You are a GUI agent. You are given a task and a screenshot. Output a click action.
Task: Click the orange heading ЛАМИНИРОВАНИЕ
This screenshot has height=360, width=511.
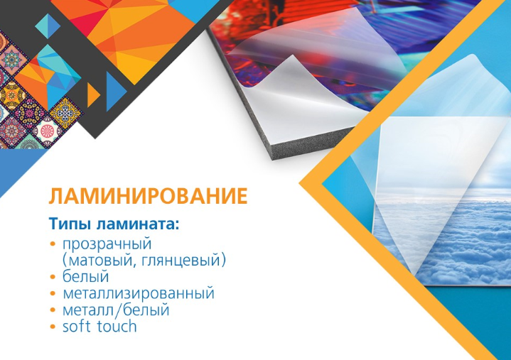coord(148,196)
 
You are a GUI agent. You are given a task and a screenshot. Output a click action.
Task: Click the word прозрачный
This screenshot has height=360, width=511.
coord(107,244)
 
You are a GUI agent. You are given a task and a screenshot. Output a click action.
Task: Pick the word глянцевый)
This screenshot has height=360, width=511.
coord(181,261)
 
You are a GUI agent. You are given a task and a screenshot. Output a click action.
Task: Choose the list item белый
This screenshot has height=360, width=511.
coord(85,276)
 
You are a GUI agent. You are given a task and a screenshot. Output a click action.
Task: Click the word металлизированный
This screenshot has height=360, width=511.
coord(139,293)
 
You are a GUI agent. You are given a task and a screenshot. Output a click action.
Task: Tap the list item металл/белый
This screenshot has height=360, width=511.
coord(116,310)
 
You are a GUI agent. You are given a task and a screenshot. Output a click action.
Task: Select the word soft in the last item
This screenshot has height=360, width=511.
coord(76,326)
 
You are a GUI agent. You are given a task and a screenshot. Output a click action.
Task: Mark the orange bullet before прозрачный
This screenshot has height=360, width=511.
coord(53,244)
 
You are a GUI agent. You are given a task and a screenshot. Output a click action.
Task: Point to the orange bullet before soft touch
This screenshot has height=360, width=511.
coord(53,327)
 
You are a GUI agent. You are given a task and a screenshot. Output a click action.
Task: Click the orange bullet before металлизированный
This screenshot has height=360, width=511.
coord(53,293)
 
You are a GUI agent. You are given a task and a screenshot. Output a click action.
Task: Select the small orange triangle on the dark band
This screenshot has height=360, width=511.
coord(93,95)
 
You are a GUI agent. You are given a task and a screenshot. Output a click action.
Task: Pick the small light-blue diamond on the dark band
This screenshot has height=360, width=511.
coord(48,26)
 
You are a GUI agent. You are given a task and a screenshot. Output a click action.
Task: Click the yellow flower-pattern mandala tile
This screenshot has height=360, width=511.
coord(65,112)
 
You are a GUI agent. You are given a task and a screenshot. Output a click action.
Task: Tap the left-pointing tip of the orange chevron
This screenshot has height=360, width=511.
coord(300,184)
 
